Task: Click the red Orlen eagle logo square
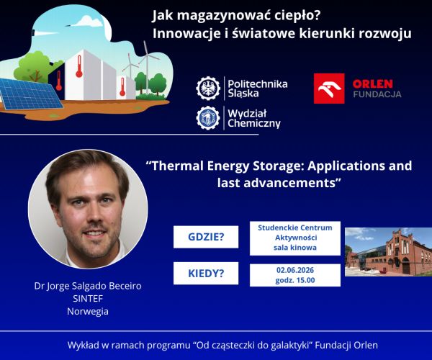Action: click(x=329, y=89)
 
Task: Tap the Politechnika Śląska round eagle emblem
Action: click(x=208, y=89)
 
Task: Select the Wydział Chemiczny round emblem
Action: click(x=208, y=118)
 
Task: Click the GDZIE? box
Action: click(x=206, y=237)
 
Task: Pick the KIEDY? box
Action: click(x=206, y=273)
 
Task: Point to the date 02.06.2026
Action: click(x=295, y=270)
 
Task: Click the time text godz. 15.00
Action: click(x=295, y=280)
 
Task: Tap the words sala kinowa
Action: click(x=295, y=248)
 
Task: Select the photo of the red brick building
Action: click(x=389, y=252)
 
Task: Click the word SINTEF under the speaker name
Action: click(x=88, y=298)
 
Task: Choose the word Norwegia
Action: click(x=88, y=311)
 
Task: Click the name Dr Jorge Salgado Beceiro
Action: click(x=88, y=286)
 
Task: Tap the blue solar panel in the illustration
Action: click(x=29, y=94)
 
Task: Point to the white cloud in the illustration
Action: click(x=89, y=22)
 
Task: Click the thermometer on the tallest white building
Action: click(x=79, y=66)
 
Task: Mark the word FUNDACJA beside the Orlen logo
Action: click(x=377, y=94)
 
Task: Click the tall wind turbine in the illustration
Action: click(x=148, y=66)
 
